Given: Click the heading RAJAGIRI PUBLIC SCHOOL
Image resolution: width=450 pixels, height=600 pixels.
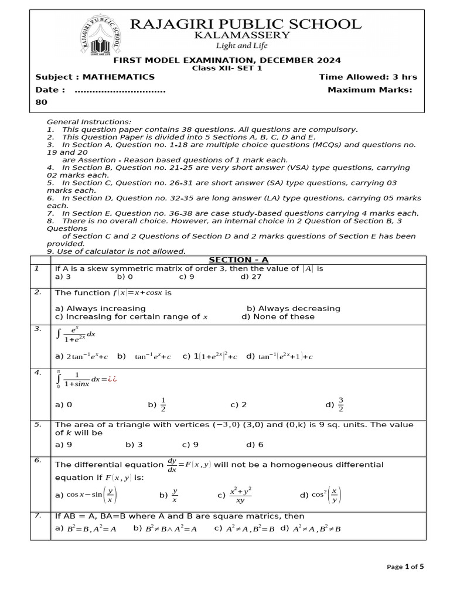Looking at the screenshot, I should coord(245,24).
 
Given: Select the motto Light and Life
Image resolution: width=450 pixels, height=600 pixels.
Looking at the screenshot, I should coord(244,46).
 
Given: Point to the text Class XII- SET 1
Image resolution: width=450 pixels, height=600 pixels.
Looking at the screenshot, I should coord(227,68).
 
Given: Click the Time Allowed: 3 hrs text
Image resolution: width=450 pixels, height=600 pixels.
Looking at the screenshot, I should coord(367,77).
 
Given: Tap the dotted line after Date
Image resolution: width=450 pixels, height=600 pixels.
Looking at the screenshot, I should coord(120,90).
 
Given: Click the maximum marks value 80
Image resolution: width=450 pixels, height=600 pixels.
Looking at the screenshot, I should coord(41,101).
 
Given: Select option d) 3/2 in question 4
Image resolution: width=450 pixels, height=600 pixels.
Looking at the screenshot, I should coord(334,404).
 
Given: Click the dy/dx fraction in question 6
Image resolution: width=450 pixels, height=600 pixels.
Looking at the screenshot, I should coord(172,465).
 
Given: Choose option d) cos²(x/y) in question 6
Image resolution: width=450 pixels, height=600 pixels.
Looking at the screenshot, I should coord(321,495).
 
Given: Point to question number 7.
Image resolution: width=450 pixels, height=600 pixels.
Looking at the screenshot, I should coord(37,516).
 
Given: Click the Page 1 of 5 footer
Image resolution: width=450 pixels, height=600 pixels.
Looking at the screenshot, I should coord(405,567).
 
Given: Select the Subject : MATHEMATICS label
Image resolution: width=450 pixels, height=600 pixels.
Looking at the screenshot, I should coord(95,77).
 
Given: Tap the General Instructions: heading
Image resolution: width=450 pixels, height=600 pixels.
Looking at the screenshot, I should coord(89,121).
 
